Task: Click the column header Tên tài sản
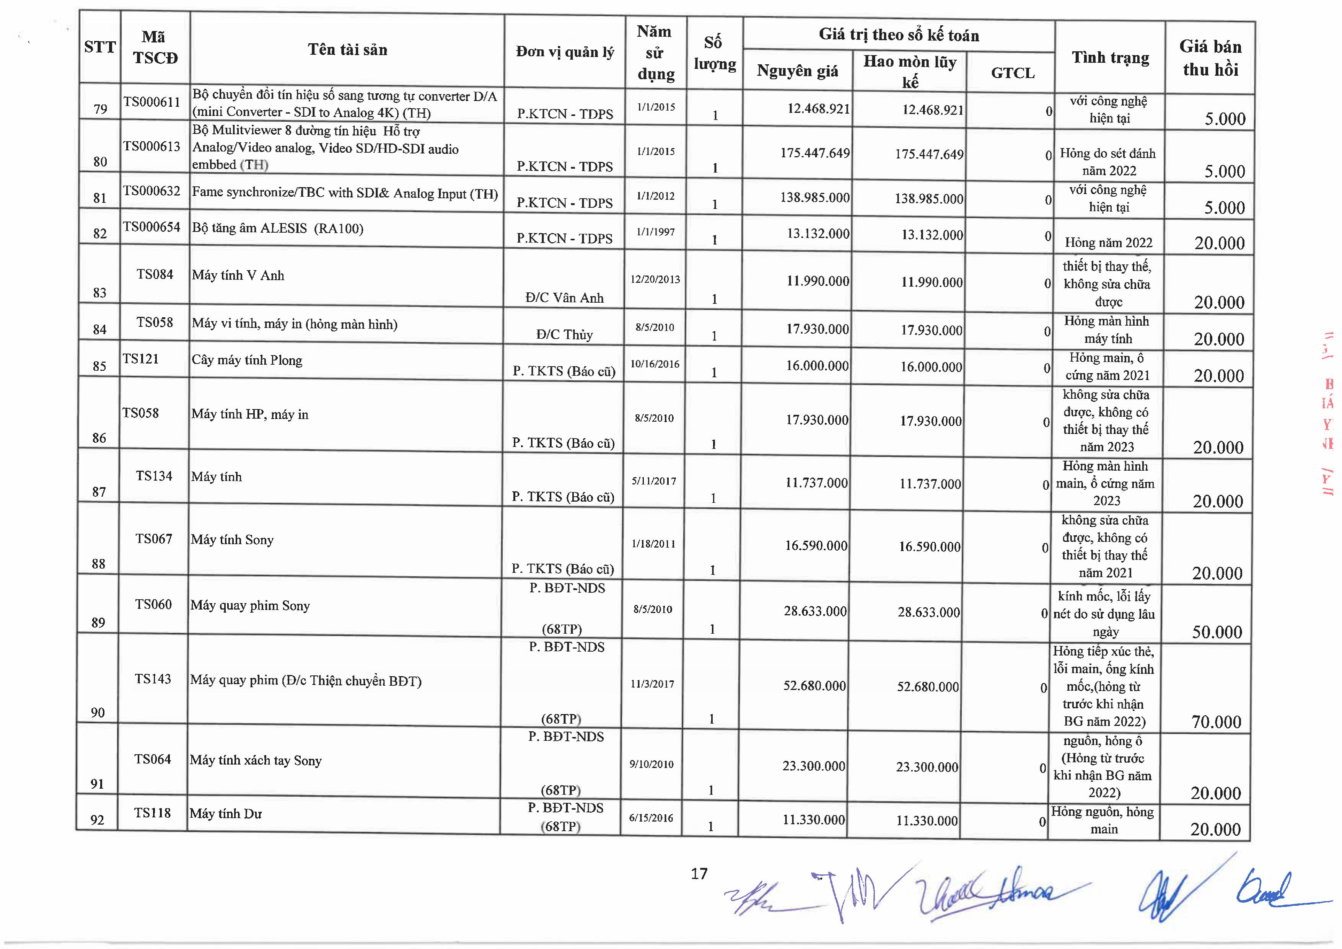click(347, 50)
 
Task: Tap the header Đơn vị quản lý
click(565, 52)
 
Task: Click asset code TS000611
click(152, 102)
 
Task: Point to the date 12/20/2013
click(655, 279)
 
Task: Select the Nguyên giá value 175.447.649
click(815, 153)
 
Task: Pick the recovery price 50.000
click(1217, 632)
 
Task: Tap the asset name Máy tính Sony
click(232, 540)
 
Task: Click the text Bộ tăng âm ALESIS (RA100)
click(278, 228)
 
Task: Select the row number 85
click(99, 366)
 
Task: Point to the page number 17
click(699, 874)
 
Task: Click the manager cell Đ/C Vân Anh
click(564, 298)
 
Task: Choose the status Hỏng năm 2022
click(1108, 243)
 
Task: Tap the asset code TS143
click(153, 679)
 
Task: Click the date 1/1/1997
click(656, 232)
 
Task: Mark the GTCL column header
click(1012, 73)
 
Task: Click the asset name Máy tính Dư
click(226, 814)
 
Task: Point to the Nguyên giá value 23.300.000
click(814, 766)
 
